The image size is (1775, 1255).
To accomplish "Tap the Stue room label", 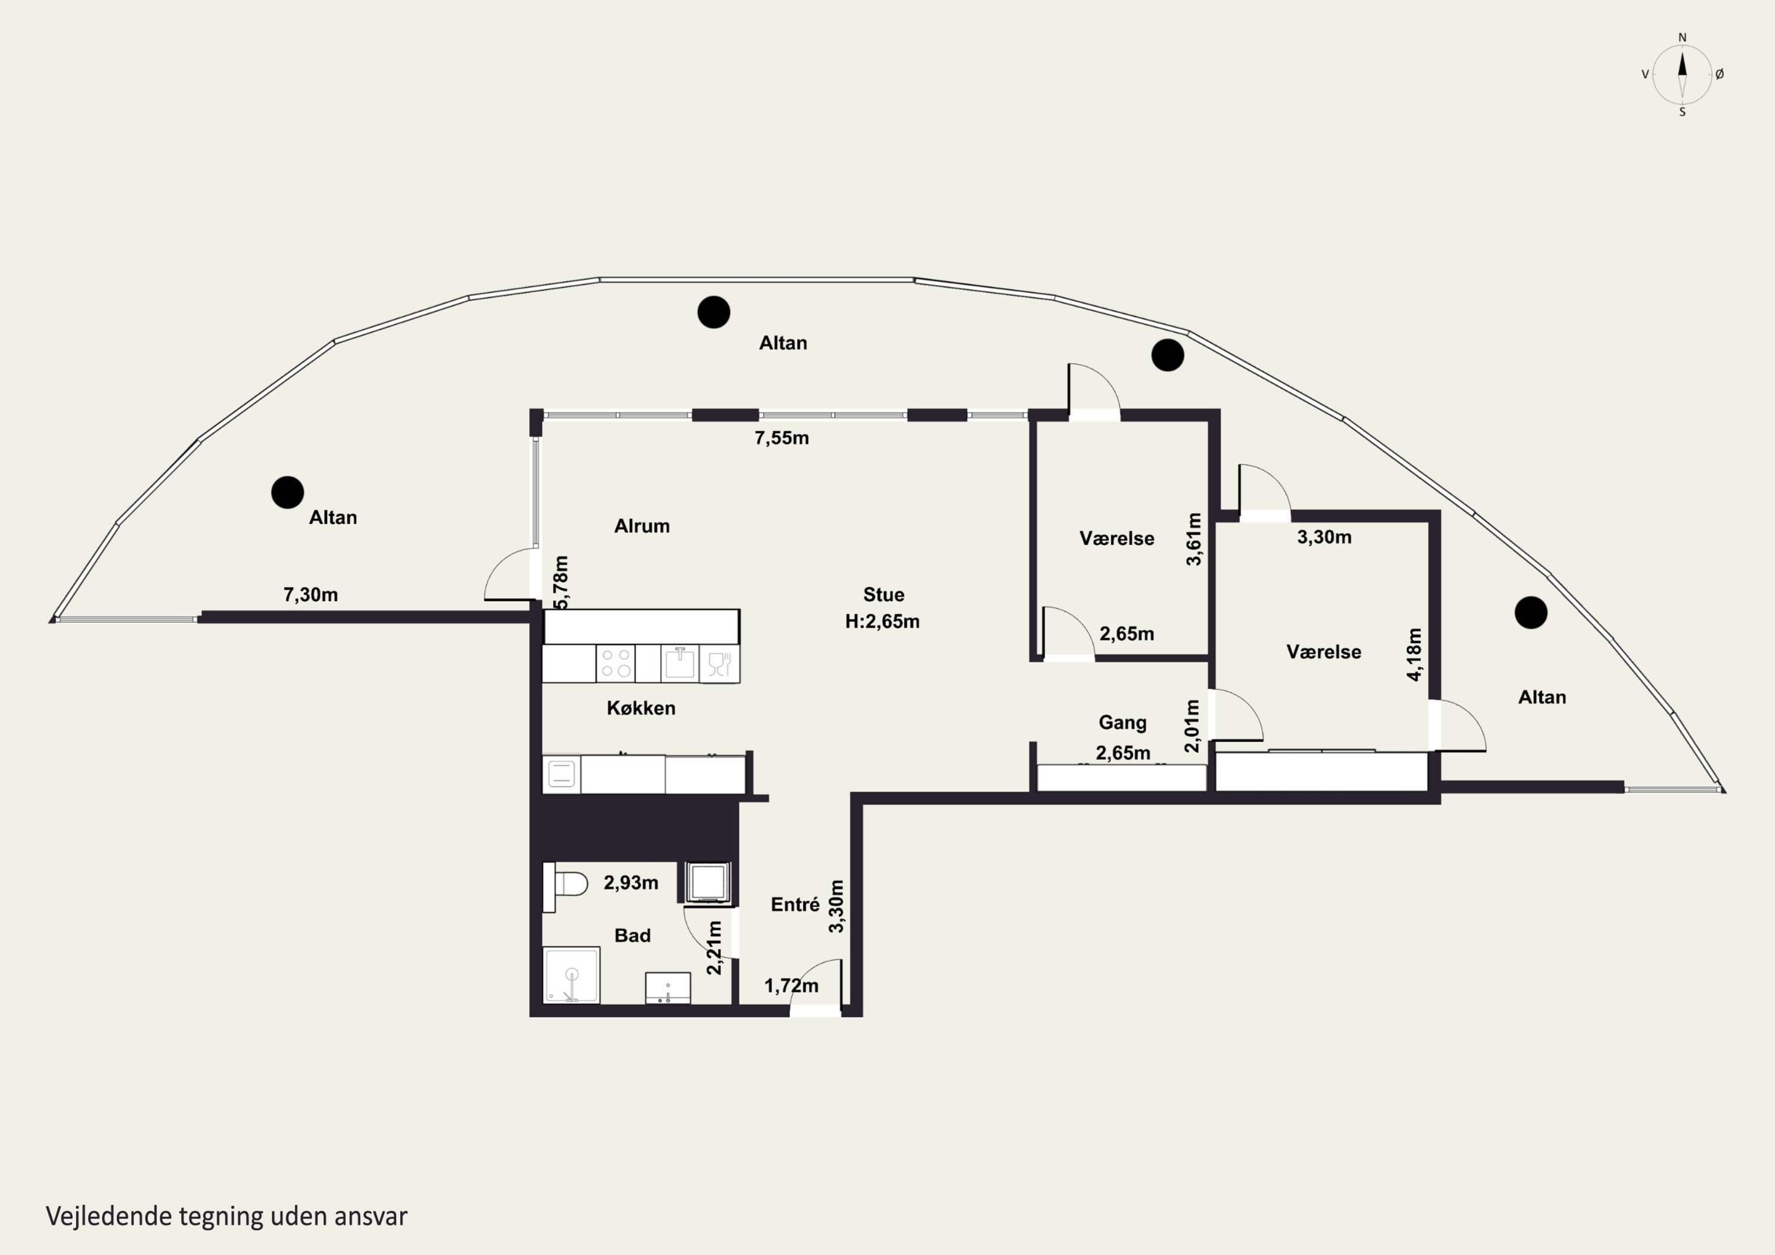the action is pyautogui.click(x=883, y=595).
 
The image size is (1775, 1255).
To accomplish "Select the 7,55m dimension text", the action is pyautogui.click(x=782, y=438).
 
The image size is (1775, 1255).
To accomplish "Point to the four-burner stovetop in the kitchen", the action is pyautogui.click(x=615, y=663).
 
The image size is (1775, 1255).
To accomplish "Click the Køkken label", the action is pyautogui.click(x=641, y=708).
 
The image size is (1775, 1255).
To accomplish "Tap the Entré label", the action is pyautogui.click(x=795, y=904).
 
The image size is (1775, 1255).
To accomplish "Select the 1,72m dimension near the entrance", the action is pyautogui.click(x=791, y=986).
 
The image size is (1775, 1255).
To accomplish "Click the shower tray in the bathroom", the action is pyautogui.click(x=572, y=975).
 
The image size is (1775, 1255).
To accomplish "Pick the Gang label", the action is pyautogui.click(x=1122, y=723).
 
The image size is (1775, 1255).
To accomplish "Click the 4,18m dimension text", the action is pyautogui.click(x=1414, y=654).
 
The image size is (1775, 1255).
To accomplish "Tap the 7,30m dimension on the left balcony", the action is pyautogui.click(x=311, y=595).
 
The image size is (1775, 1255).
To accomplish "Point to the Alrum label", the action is pyautogui.click(x=641, y=527).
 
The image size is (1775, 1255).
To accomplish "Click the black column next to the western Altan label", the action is pyautogui.click(x=288, y=492).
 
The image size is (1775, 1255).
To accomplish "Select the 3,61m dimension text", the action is pyautogui.click(x=1195, y=539).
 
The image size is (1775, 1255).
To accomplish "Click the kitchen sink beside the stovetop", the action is pyautogui.click(x=680, y=663).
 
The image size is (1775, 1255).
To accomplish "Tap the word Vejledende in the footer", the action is pyautogui.click(x=109, y=1217).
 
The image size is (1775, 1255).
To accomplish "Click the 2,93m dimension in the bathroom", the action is pyautogui.click(x=631, y=883).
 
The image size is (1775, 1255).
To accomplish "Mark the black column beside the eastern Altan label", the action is pyautogui.click(x=1531, y=612).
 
